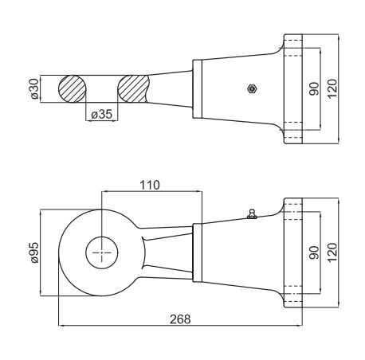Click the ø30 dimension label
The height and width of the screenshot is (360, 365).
click(35, 88)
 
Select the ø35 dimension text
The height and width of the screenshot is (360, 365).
click(101, 115)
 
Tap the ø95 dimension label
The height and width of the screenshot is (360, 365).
click(35, 252)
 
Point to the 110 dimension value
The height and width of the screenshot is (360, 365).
click(150, 185)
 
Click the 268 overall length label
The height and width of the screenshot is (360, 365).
click(180, 319)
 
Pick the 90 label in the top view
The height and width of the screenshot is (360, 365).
click(314, 89)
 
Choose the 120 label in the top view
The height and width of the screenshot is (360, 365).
click(332, 89)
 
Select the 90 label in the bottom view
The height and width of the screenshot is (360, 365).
click(314, 252)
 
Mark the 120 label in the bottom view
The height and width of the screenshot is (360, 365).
click(332, 252)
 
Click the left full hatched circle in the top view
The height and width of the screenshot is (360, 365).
click(72, 89)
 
